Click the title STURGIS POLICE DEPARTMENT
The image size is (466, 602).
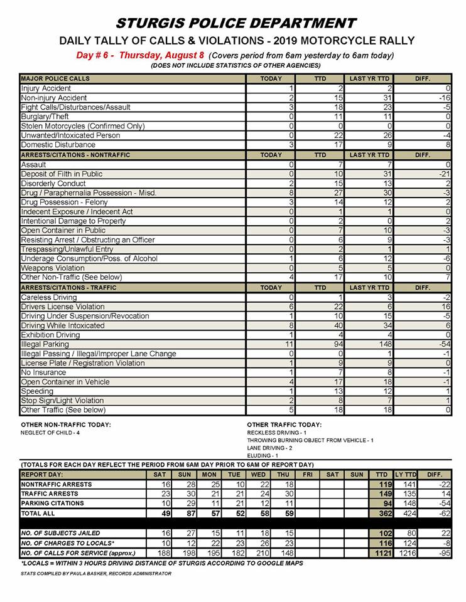[x=236, y=24]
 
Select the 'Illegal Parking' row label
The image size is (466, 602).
[x=41, y=344]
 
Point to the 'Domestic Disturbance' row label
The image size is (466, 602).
[x=58, y=145]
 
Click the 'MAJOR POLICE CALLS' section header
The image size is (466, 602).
[x=55, y=79]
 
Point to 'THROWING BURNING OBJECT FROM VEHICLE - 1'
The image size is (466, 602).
[x=310, y=441]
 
